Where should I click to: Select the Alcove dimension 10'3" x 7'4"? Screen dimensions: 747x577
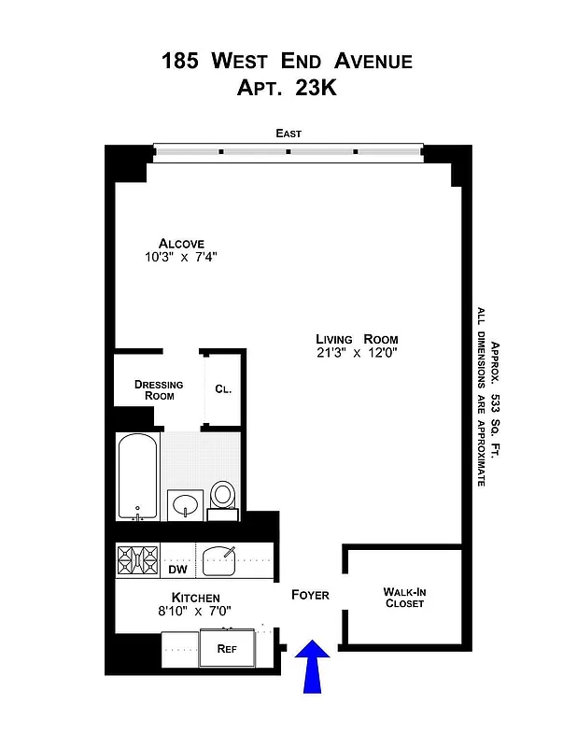click(x=180, y=256)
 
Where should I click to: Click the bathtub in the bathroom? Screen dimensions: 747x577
click(x=138, y=476)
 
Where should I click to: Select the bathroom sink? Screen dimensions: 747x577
click(x=186, y=504)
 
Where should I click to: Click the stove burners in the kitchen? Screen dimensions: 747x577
click(x=137, y=559)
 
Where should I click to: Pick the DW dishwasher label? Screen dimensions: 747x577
click(x=177, y=569)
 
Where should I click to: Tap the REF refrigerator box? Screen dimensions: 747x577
click(x=226, y=648)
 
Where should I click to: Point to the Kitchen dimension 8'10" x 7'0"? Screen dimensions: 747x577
click(x=195, y=611)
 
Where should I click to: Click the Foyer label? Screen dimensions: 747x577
click(x=310, y=595)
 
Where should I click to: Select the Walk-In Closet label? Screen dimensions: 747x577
click(x=404, y=598)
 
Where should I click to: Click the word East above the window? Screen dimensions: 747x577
click(x=288, y=134)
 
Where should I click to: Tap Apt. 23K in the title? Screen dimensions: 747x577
click(x=288, y=89)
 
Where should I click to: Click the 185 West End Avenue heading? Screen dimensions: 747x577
click(x=288, y=62)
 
